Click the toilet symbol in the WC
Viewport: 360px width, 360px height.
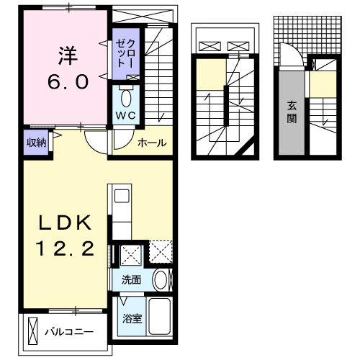[x=126, y=96]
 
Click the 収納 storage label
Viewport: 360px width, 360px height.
[x=37, y=142]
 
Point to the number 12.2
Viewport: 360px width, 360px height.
[x=65, y=250]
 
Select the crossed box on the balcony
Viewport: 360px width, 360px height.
[x=31, y=332]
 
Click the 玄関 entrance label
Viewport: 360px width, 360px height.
[x=292, y=111]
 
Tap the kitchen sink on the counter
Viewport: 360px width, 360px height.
[x=120, y=197]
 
